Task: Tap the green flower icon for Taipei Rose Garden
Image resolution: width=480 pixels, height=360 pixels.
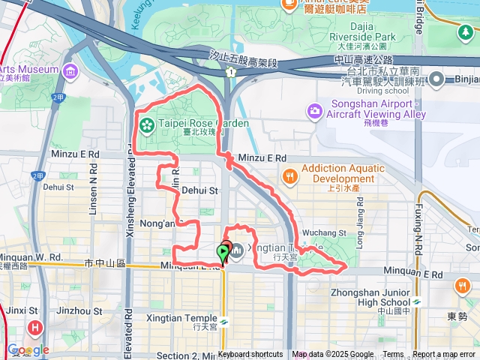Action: click(146, 123)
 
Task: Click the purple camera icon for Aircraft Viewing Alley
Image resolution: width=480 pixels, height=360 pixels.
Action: click(315, 111)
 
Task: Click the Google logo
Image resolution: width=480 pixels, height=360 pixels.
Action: click(28, 349)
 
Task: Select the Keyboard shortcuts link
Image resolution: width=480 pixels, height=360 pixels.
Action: click(250, 355)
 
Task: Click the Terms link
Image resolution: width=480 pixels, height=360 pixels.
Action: click(393, 355)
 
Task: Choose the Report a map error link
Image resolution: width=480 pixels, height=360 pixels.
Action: click(445, 355)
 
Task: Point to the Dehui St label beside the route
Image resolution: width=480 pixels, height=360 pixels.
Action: click(199, 190)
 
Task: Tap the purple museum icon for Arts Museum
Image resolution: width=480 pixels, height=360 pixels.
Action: click(70, 72)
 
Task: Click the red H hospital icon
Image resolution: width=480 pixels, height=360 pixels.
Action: click(35, 328)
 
